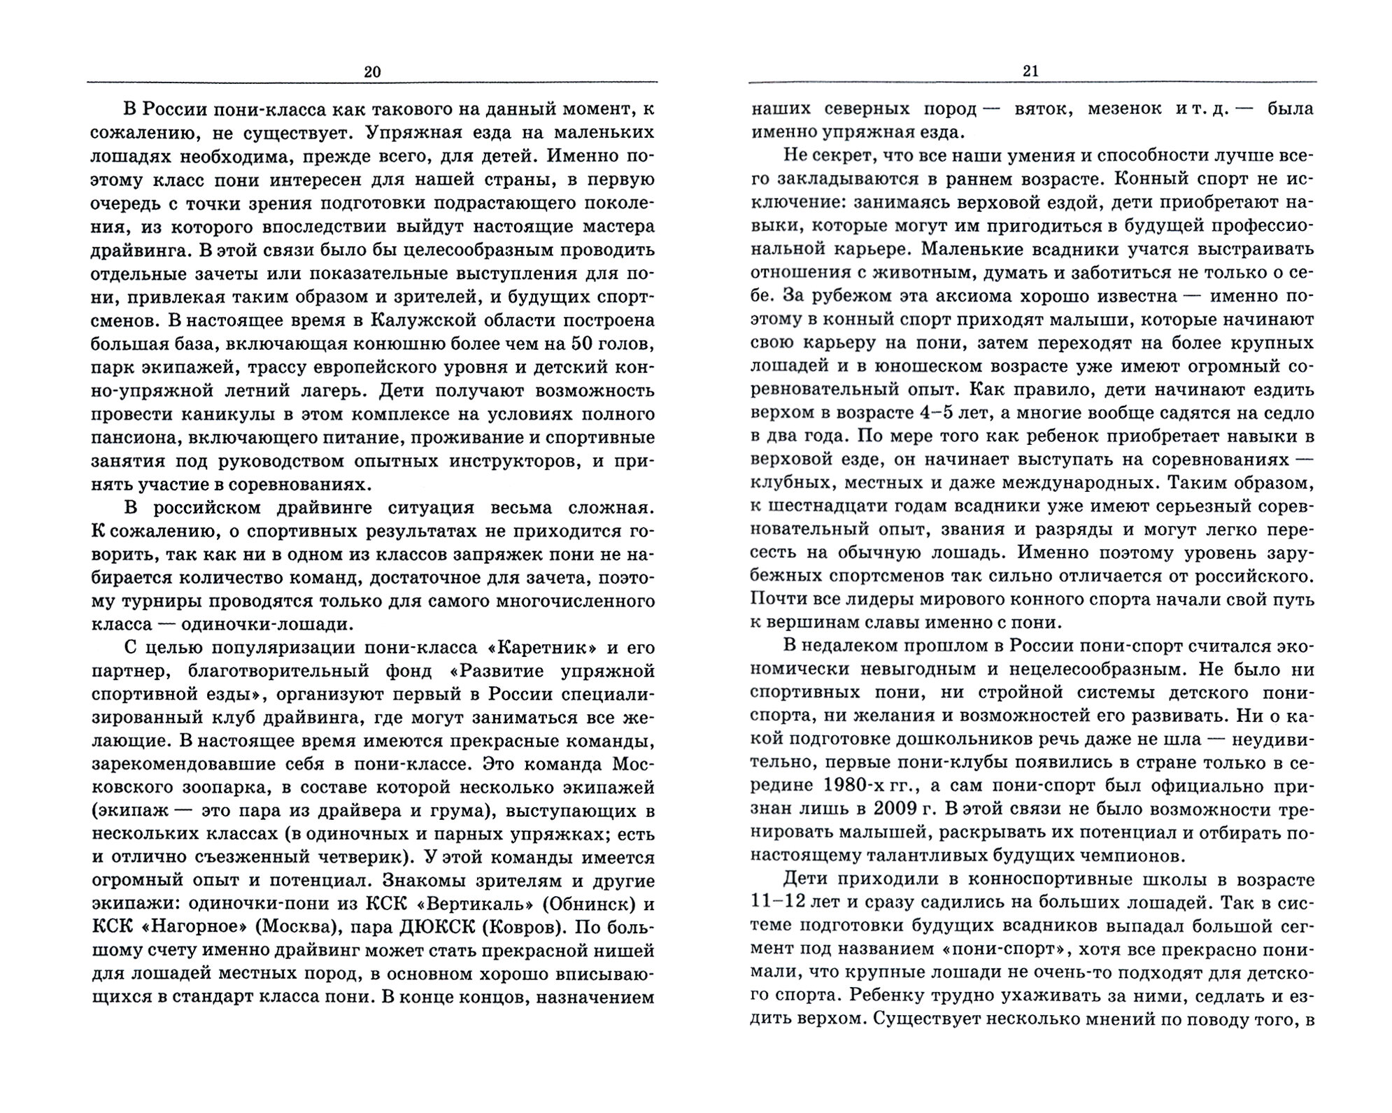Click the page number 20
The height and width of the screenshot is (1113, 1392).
click(372, 71)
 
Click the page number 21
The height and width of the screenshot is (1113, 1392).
click(1031, 71)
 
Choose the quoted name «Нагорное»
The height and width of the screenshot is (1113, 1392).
click(180, 928)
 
